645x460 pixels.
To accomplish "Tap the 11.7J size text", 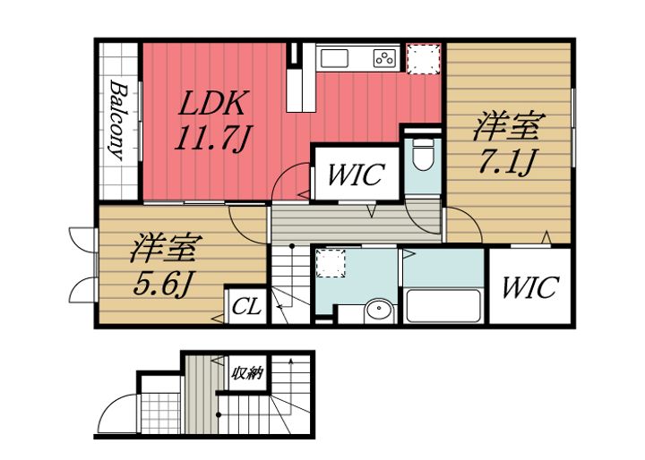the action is coord(212,138).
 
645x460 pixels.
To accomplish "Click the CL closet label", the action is coord(246,306).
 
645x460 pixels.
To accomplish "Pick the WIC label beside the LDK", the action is coord(357,175).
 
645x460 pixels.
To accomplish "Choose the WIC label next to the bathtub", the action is coord(530,287).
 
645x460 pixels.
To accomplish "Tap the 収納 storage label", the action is coord(246,373).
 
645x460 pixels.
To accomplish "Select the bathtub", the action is coord(443,306).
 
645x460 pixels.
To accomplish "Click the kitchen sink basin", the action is coord(334,58).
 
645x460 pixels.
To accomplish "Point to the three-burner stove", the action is coord(385,58).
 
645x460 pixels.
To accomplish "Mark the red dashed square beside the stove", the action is coord(424,58).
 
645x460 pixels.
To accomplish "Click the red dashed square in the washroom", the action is coord(331,263).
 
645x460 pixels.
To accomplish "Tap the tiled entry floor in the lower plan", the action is coord(160,413).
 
